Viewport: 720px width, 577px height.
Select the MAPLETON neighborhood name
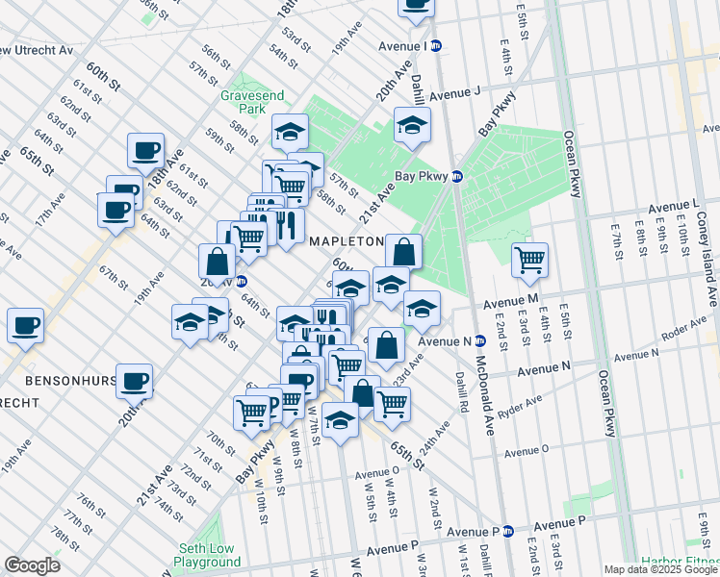click(347, 241)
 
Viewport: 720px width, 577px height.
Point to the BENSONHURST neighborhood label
click(58, 381)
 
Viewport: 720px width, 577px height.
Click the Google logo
click(32, 565)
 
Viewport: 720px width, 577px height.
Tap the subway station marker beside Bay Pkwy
click(458, 177)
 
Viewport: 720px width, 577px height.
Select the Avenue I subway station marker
click(436, 45)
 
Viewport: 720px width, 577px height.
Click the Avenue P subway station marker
click(510, 531)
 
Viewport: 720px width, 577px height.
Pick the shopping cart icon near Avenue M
click(529, 261)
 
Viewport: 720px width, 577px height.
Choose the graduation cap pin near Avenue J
click(412, 125)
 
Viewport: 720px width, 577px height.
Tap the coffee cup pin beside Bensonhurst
click(134, 381)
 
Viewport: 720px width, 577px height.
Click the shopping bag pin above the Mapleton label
click(404, 253)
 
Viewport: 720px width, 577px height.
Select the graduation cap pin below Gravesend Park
click(289, 132)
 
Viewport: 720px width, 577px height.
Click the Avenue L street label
click(673, 206)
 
